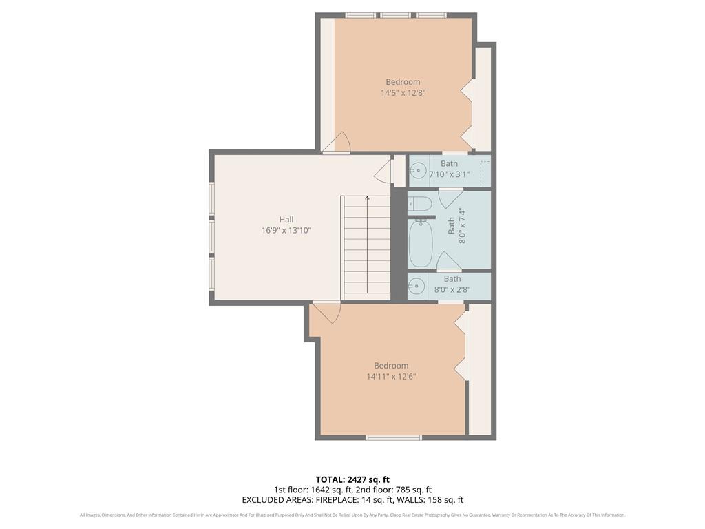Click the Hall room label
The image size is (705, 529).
[286, 220]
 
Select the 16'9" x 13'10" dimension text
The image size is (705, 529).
[286, 231]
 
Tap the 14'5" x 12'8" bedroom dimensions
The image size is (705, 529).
[403, 93]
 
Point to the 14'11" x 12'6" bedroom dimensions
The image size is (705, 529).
[391, 377]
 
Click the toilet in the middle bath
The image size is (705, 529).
[419, 203]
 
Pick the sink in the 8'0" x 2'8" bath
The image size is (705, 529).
[417, 287]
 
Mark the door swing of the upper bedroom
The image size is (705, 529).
[339, 142]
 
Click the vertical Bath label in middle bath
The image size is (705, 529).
[452, 225]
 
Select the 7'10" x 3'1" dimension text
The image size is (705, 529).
[449, 175]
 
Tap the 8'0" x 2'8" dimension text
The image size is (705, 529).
[452, 290]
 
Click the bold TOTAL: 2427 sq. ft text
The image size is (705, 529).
[352, 479]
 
